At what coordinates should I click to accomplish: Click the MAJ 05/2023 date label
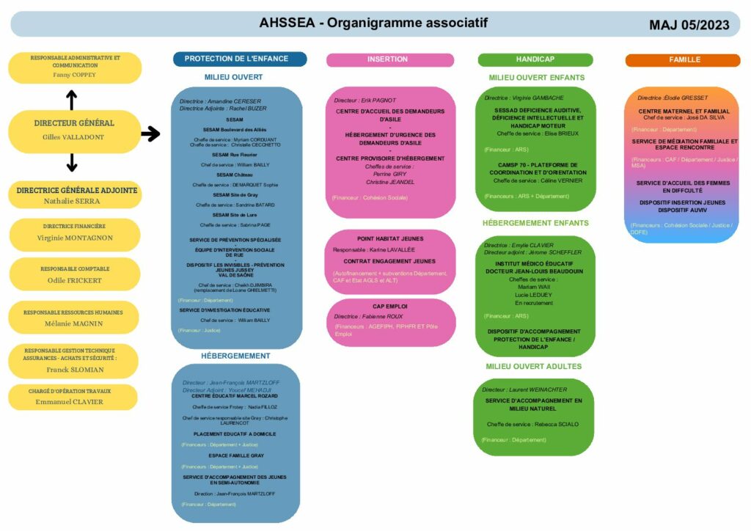pos(689,25)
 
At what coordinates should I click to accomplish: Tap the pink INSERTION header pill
pos(387,59)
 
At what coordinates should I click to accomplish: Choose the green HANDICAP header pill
pos(535,59)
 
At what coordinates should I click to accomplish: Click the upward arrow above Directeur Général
pos(71,100)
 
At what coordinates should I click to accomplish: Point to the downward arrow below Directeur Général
pos(71,162)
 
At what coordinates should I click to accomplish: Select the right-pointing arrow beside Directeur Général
pos(150,133)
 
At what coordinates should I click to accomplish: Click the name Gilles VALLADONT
pos(73,137)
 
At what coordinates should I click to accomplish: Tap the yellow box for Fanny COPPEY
pos(74,67)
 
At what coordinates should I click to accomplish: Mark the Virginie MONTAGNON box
pos(74,233)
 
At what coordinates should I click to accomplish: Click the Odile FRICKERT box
pos(74,274)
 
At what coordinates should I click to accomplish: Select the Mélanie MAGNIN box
pos(73,318)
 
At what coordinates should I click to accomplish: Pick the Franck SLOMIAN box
pos(73,359)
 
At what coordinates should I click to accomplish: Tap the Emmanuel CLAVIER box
pos(73,397)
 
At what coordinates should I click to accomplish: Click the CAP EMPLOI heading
pos(390,306)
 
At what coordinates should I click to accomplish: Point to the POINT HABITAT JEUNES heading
pos(390,238)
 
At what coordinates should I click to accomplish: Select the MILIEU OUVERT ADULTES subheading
pos(533,366)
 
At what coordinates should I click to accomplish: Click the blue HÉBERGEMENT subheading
pos(235,356)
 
